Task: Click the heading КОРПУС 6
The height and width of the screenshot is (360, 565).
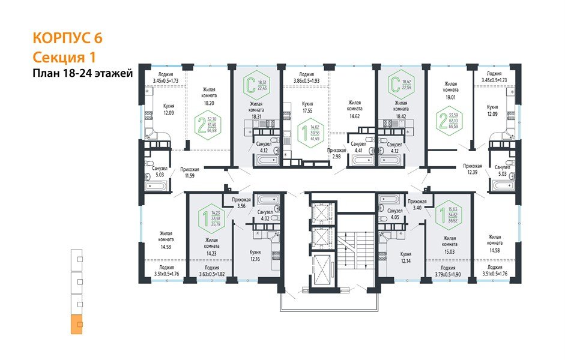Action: click(67, 38)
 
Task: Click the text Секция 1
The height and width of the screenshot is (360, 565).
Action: click(64, 57)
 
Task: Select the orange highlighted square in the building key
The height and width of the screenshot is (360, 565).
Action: click(76, 325)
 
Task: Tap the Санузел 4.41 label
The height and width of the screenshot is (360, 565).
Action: click(358, 148)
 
